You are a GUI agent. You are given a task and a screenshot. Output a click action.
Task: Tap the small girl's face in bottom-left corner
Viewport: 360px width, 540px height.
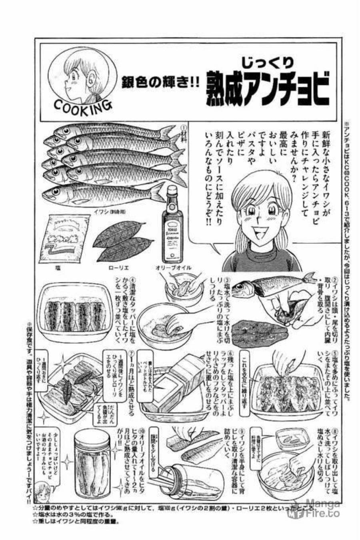point(40,492)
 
